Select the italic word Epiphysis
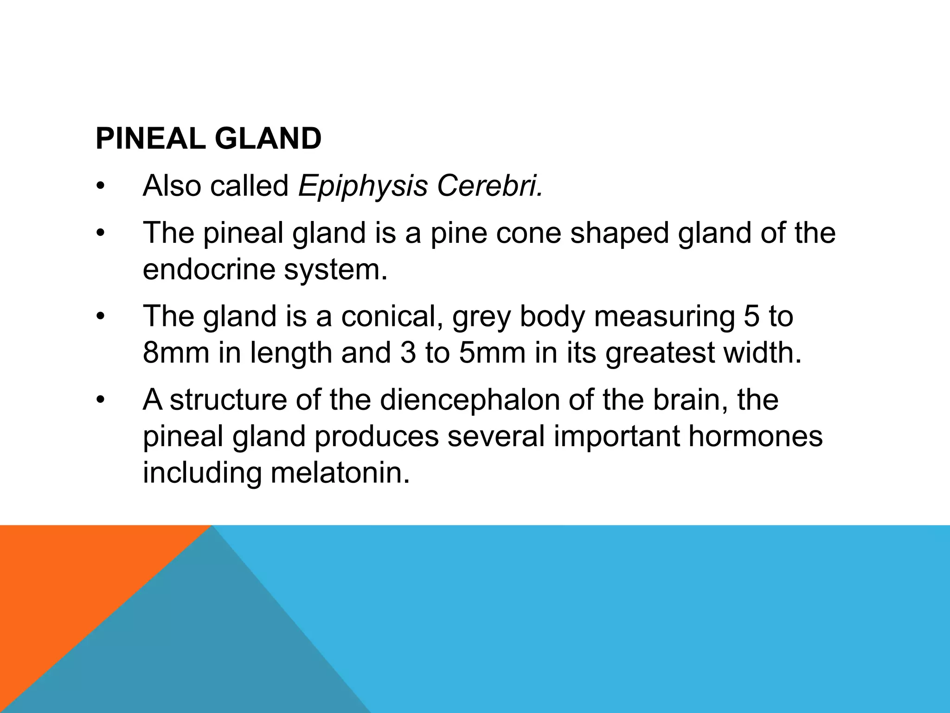point(362,186)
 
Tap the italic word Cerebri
point(489,186)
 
